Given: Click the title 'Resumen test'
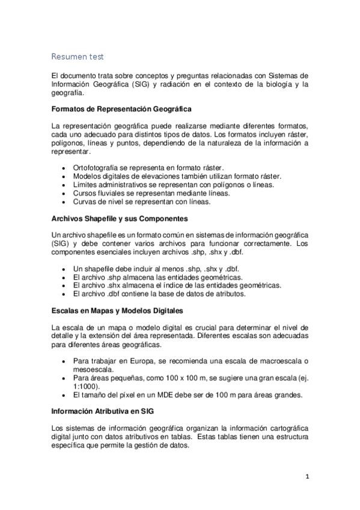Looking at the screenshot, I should tap(78, 57).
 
